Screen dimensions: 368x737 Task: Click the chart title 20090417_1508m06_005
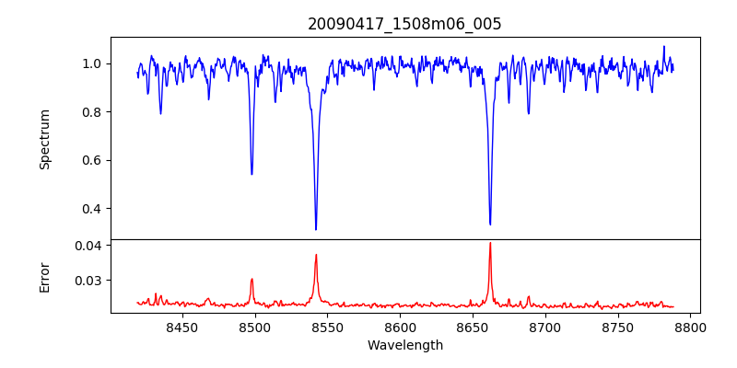coord(404,24)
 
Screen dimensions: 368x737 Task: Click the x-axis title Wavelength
coord(404,345)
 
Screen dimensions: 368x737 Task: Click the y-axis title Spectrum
coord(44,139)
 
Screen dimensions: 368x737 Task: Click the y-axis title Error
coord(44,276)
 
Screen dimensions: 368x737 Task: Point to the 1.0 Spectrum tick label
coord(92,63)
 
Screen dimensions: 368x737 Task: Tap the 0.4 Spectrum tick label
coord(92,208)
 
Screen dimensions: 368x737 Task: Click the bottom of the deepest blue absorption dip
coord(316,229)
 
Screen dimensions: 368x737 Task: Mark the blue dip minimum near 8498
coord(252,174)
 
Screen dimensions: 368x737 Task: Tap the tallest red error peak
coord(490,244)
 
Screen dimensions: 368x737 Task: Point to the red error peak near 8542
coord(316,256)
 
